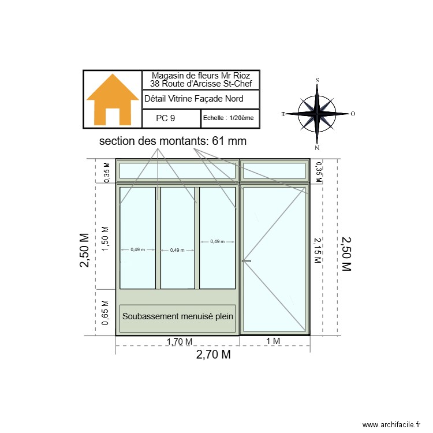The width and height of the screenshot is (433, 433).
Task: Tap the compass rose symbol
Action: [317, 113]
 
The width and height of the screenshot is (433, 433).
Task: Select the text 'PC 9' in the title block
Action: [166, 118]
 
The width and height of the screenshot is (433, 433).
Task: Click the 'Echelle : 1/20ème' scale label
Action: [228, 118]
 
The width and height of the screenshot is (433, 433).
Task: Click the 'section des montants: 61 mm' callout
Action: [173, 141]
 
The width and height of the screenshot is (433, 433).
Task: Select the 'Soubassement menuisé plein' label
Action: [177, 316]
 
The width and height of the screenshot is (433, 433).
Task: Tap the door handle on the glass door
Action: [247, 262]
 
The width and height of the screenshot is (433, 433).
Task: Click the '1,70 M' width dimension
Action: [179, 341]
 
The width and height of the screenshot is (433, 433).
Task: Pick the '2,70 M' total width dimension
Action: [213, 355]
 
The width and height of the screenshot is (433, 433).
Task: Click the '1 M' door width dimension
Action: [273, 341]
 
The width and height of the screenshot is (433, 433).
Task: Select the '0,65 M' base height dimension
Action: [105, 313]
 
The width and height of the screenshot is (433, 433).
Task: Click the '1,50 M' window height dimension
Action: [105, 236]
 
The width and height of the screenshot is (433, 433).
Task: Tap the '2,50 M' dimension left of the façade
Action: [85, 251]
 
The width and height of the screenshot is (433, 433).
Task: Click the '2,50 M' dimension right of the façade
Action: [346, 253]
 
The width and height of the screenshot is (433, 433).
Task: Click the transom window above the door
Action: [274, 171]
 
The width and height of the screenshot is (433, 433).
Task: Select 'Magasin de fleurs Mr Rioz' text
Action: [201, 76]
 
